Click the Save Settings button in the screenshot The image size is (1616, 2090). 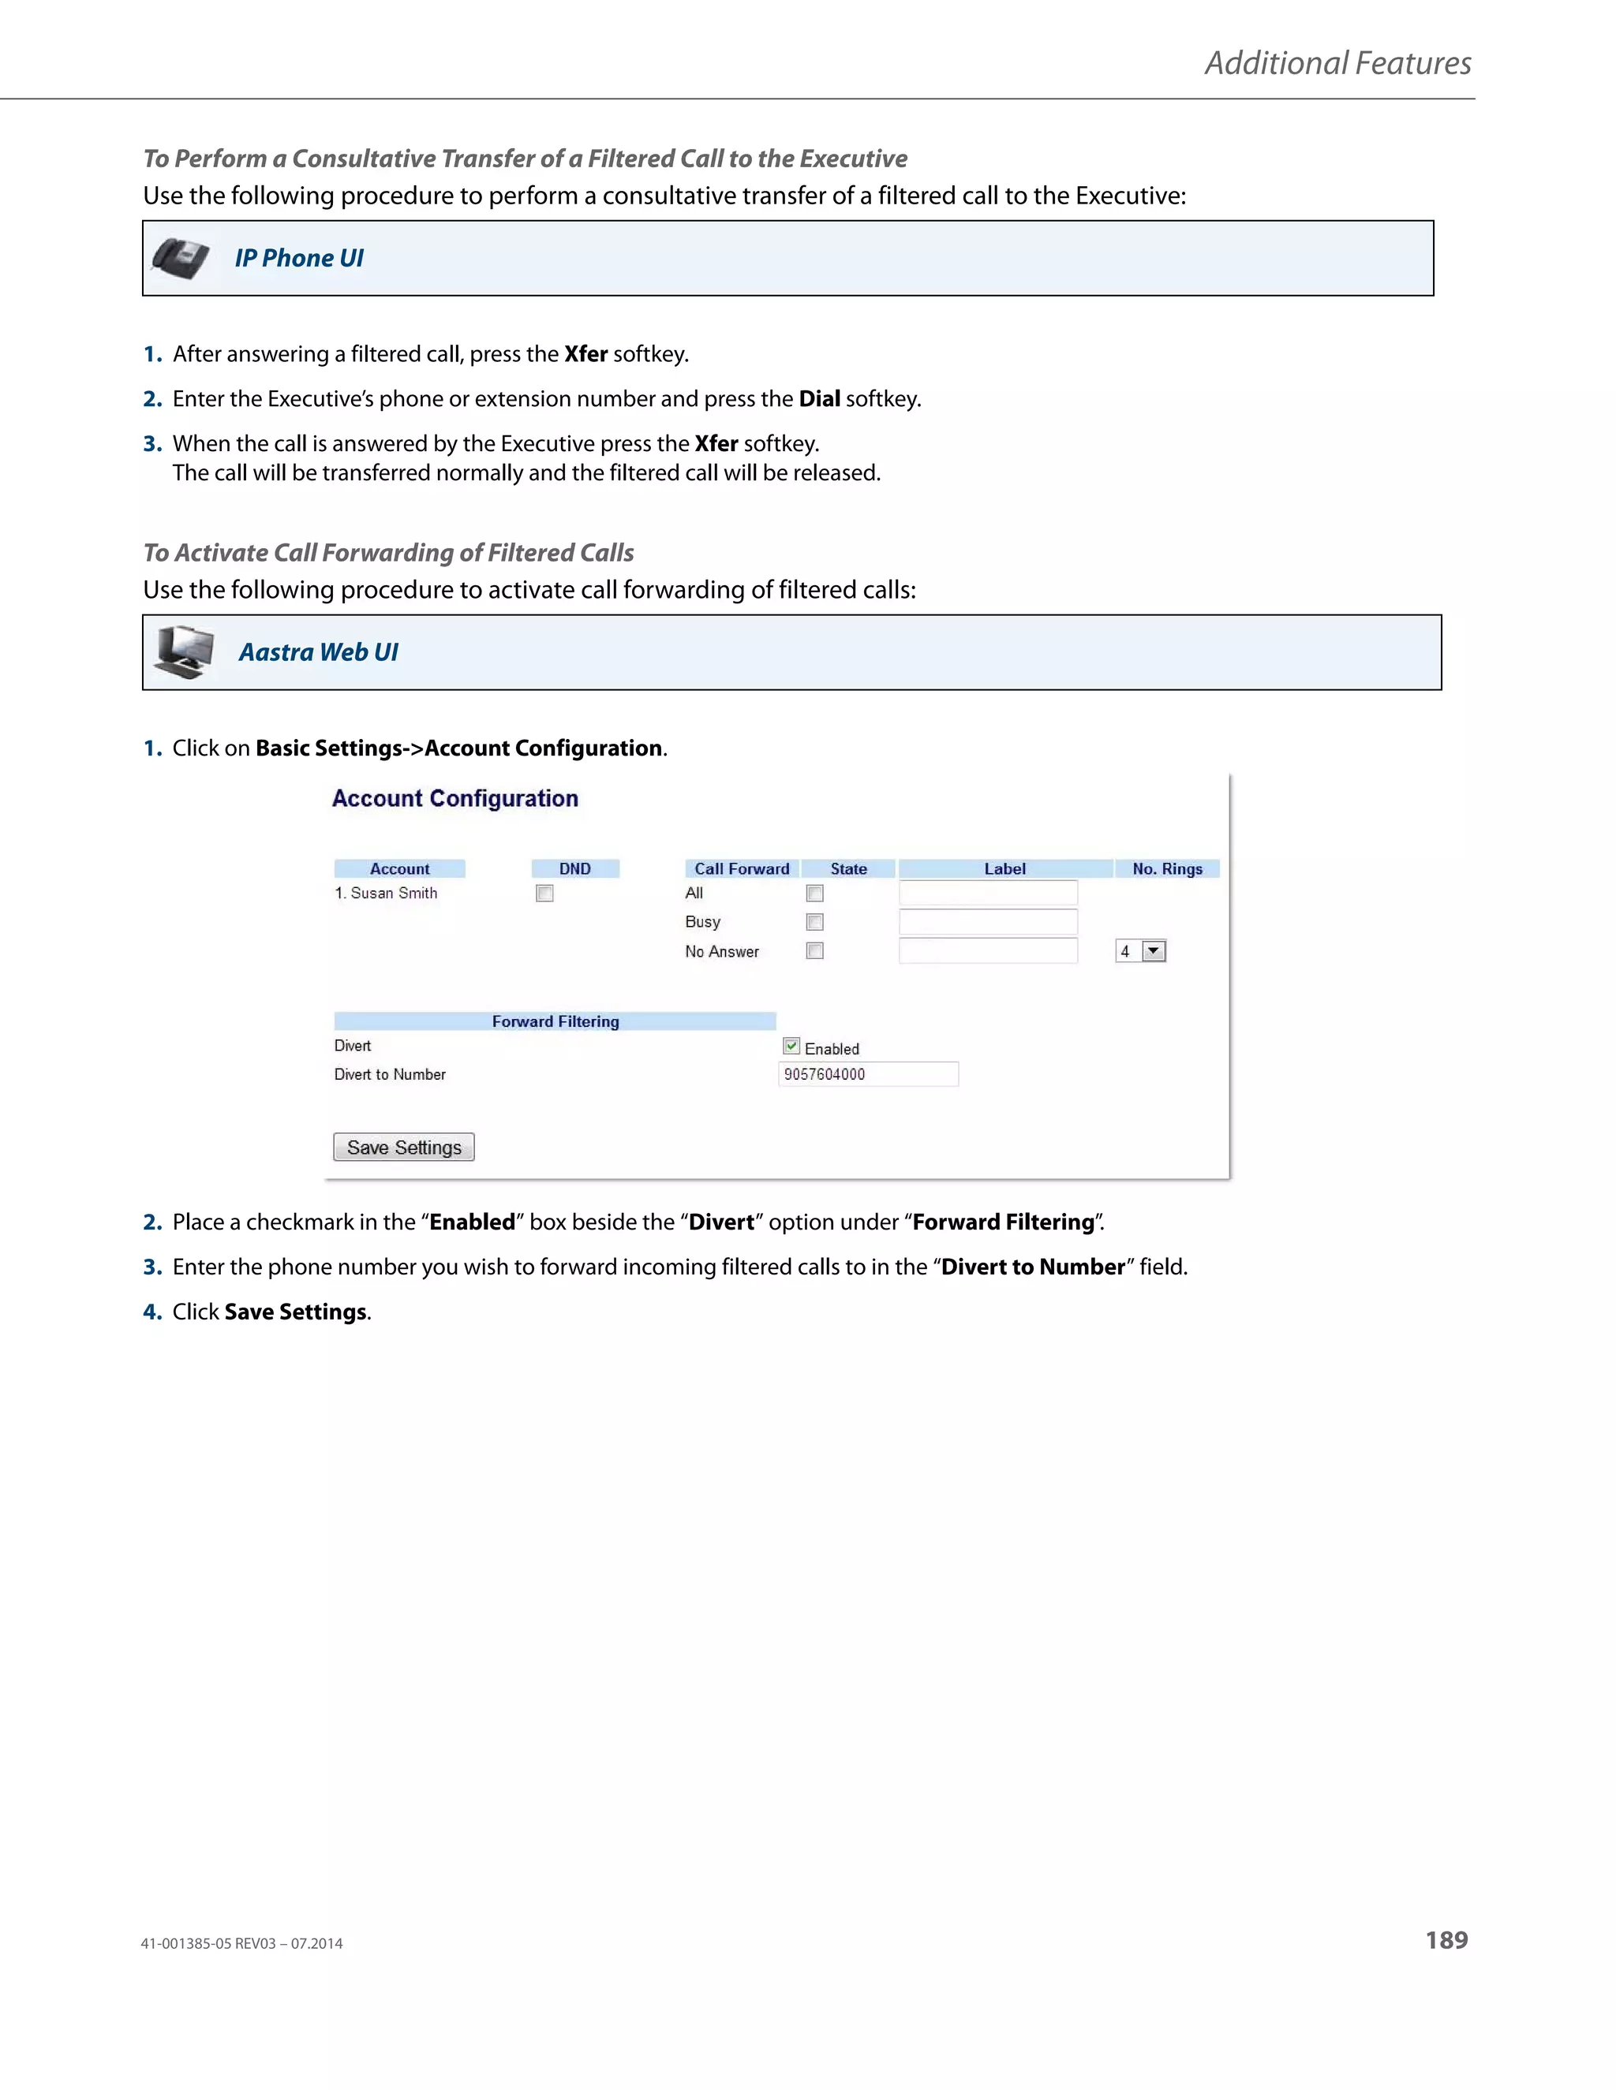403,1147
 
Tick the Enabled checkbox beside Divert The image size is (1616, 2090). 791,1046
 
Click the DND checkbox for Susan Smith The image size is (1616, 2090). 544,893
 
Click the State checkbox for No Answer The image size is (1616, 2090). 814,950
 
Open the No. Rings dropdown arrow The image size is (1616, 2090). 1154,951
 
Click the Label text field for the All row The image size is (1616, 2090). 988,893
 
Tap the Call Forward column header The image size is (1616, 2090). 742,869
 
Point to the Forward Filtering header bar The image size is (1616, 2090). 555,1021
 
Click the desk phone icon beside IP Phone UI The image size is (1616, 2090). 180,259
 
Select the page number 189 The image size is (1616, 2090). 1446,1940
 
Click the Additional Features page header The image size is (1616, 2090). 1337,63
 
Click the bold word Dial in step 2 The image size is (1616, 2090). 820,399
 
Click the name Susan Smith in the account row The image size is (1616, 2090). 394,893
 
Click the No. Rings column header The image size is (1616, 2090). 1167,869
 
